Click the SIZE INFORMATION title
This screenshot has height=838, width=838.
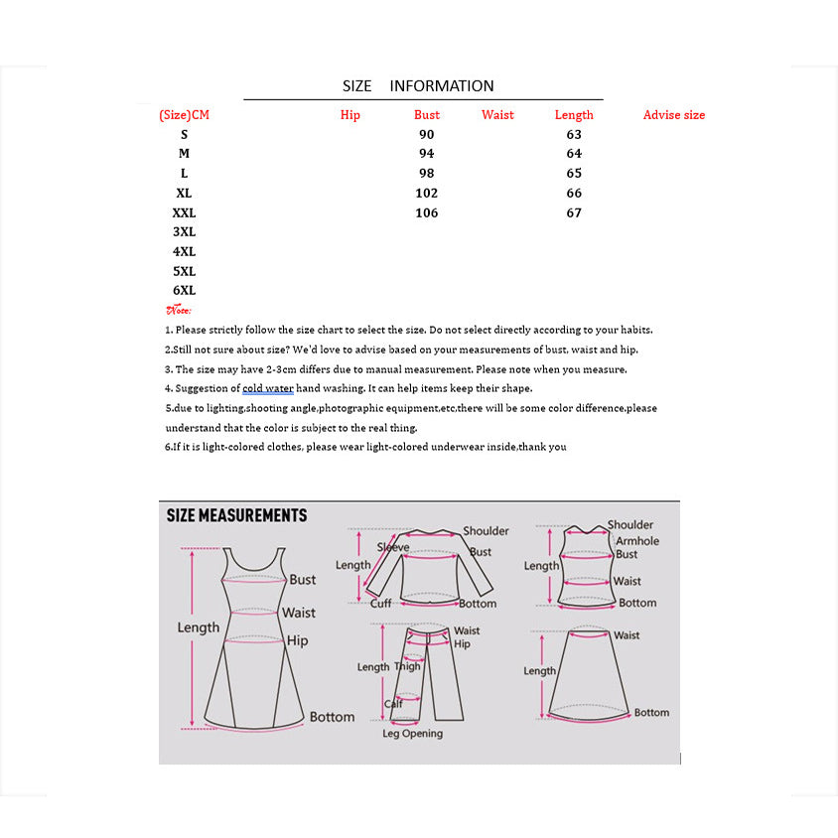(418, 85)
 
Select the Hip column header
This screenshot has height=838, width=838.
(349, 115)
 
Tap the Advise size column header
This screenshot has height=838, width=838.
(673, 115)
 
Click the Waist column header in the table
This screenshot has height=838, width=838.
(497, 115)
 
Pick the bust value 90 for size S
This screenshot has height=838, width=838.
(427, 134)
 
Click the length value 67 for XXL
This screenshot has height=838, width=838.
(574, 212)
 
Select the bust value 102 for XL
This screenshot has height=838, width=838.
(427, 193)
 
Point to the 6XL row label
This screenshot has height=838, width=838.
(184, 290)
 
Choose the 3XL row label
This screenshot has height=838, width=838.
(184, 231)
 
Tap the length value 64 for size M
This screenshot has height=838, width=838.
(574, 154)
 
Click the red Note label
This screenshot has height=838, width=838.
(179, 310)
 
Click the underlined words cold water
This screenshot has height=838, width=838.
(268, 388)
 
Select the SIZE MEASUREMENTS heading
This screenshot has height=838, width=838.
(236, 515)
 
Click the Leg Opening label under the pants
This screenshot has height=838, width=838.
(413, 734)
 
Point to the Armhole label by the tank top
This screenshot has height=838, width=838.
(636, 540)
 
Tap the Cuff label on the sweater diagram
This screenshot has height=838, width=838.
(381, 603)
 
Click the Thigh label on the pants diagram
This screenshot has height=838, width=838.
(408, 666)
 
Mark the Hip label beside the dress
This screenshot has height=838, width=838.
(297, 640)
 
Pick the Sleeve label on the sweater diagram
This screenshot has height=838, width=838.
(392, 548)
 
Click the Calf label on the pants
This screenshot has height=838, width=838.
(394, 704)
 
